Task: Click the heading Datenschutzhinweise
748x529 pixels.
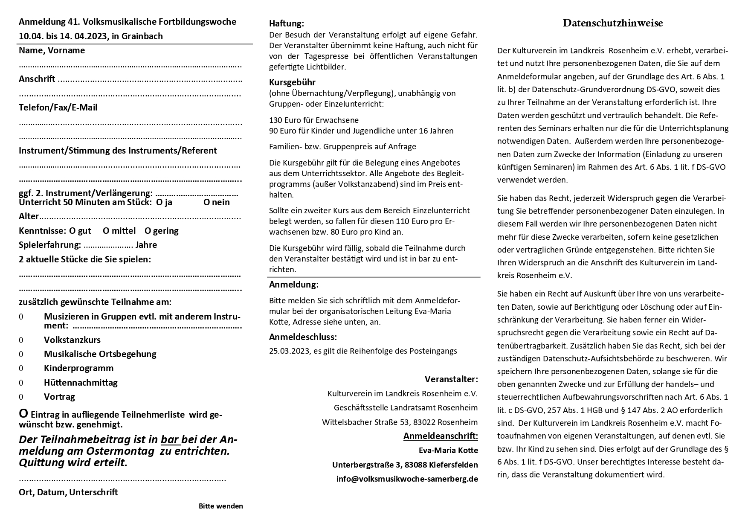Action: tap(612, 23)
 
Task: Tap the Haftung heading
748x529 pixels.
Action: tap(287, 23)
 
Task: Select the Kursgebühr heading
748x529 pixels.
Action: tap(292, 82)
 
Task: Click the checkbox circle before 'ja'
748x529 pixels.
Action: tap(159, 202)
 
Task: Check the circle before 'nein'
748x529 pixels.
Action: tap(206, 202)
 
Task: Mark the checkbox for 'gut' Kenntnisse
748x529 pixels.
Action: tap(72, 231)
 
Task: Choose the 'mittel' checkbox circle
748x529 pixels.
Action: tap(106, 231)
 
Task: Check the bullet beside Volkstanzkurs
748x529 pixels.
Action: tap(21, 340)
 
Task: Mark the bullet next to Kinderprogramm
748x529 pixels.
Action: tap(21, 369)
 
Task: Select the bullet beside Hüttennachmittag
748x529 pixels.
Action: tap(21, 383)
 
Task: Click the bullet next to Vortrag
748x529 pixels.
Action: tap(21, 397)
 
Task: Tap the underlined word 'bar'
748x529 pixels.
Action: tap(170, 440)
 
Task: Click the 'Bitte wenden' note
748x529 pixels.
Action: tap(220, 506)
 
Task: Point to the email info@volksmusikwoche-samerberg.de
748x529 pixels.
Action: tap(407, 479)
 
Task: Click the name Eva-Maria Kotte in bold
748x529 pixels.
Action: tap(448, 451)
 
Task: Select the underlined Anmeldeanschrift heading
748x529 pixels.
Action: tap(441, 436)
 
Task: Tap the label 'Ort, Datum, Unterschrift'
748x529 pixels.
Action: tap(68, 492)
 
